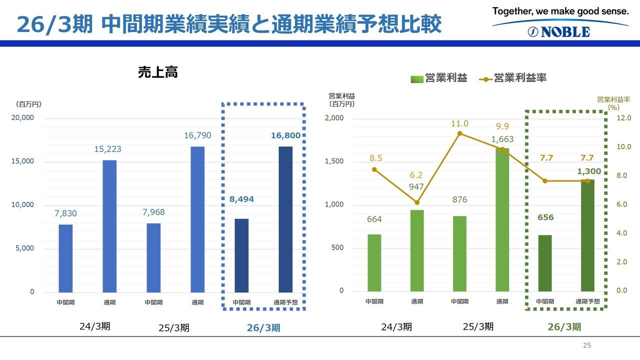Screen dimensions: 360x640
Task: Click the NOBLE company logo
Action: click(x=559, y=31)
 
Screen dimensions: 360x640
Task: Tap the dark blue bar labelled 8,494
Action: click(x=241, y=255)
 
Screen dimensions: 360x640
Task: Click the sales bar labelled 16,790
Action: click(x=197, y=219)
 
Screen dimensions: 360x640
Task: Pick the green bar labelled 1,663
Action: click(x=502, y=220)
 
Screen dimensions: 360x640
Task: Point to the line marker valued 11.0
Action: click(x=459, y=133)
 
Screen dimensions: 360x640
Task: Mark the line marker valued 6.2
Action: click(x=417, y=202)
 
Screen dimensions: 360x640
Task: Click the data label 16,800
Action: click(x=285, y=135)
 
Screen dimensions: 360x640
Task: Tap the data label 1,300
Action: click(x=588, y=171)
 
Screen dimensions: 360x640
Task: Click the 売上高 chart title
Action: click(x=158, y=73)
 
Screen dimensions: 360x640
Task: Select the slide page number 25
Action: click(x=587, y=345)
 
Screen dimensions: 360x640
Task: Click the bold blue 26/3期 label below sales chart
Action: click(x=263, y=328)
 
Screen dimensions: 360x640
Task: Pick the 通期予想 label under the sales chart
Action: click(x=285, y=302)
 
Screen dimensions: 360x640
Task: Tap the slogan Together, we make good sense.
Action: click(x=560, y=10)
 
